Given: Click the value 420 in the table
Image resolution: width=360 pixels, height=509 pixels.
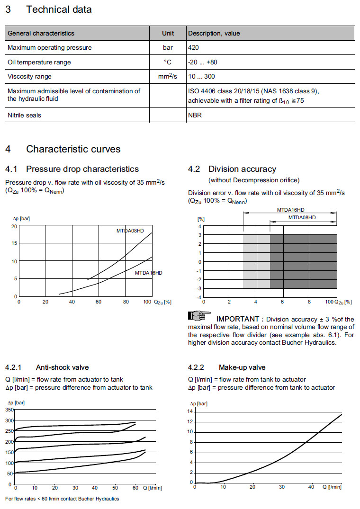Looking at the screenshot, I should (193, 47).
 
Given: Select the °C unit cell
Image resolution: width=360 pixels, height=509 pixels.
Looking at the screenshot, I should (168, 62).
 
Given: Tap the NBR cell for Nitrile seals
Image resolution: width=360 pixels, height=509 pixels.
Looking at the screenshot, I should (195, 115).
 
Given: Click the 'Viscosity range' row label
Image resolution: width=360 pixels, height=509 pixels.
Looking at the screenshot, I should (29, 76).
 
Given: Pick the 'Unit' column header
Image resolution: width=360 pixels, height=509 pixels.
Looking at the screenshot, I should (168, 33).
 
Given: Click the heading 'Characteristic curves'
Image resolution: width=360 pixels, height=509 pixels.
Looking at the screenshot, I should (73, 149).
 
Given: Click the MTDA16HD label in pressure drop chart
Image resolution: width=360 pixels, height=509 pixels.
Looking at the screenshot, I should (148, 273).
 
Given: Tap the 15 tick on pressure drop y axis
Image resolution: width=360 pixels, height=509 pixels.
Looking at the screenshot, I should (14, 243).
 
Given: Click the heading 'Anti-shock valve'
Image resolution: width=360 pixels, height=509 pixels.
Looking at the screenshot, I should (62, 367).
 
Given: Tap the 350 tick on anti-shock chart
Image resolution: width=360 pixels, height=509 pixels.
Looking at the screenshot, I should (9, 409).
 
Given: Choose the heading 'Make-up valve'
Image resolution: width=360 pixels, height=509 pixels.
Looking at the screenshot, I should (242, 367).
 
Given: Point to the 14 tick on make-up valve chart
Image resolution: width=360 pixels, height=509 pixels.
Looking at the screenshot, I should (190, 411).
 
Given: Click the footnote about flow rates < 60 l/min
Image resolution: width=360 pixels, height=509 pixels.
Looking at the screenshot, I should (62, 499).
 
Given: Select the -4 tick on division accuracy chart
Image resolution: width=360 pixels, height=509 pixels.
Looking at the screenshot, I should (199, 297).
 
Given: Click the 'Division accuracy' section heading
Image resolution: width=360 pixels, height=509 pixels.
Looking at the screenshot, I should (242, 169).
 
